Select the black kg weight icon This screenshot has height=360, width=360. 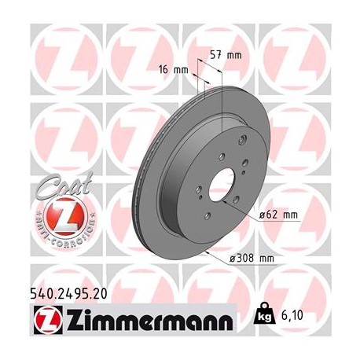[277, 314]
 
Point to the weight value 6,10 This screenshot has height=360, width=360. [309, 315]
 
